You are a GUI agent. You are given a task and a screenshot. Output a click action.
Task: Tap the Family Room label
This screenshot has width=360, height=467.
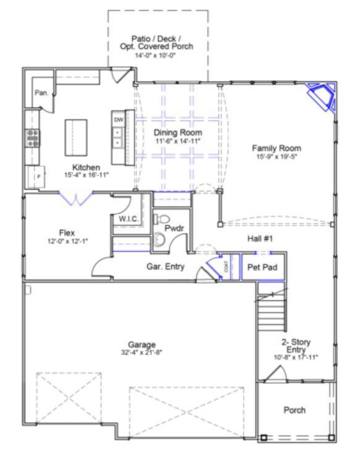click(276, 148)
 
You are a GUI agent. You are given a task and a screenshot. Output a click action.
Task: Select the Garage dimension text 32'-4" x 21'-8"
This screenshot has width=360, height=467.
click(142, 353)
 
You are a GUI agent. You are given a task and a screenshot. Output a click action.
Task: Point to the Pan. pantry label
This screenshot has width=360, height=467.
click(41, 93)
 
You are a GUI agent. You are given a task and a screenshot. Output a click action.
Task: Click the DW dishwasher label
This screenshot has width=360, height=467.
click(118, 120)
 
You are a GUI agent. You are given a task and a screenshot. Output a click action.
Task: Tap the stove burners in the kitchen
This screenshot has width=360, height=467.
click(31, 137)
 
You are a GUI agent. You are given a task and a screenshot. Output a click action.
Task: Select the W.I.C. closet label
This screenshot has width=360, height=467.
click(128, 219)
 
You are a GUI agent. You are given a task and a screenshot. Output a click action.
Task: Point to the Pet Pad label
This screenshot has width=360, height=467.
click(262, 268)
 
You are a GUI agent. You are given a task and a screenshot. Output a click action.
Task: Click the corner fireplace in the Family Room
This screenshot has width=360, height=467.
click(322, 96)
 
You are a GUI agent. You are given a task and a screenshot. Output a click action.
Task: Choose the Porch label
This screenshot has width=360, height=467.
click(295, 410)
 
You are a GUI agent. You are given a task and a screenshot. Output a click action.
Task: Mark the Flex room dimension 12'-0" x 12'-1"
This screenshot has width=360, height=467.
click(67, 241)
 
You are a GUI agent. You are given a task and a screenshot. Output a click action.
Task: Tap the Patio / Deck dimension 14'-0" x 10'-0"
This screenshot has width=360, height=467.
click(157, 56)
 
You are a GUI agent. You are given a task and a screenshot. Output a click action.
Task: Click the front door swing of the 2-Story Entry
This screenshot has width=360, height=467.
click(274, 372)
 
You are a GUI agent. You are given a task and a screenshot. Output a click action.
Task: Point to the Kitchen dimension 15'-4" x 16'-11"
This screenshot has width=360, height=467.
click(86, 175)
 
